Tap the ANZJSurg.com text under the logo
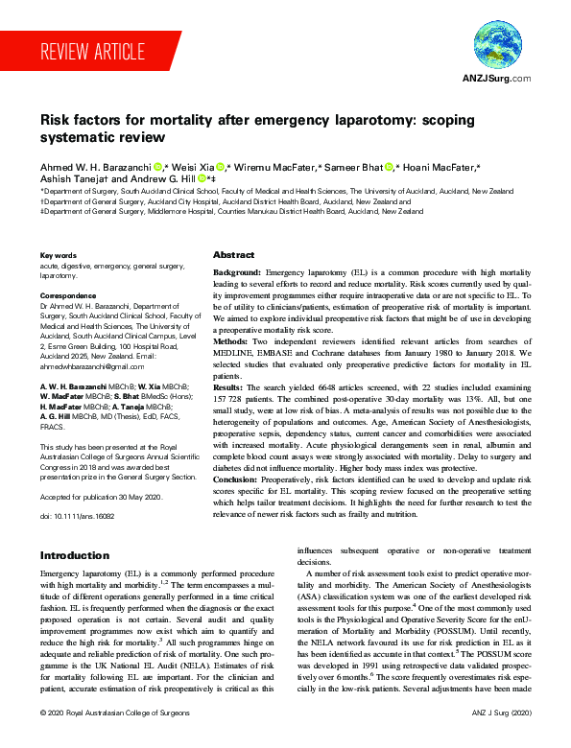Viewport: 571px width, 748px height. (496, 79)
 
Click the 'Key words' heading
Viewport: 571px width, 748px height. (59, 255)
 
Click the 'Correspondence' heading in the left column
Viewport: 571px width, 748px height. (69, 295)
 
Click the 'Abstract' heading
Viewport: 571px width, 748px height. (233, 255)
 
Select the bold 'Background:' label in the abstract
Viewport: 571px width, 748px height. (236, 273)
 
